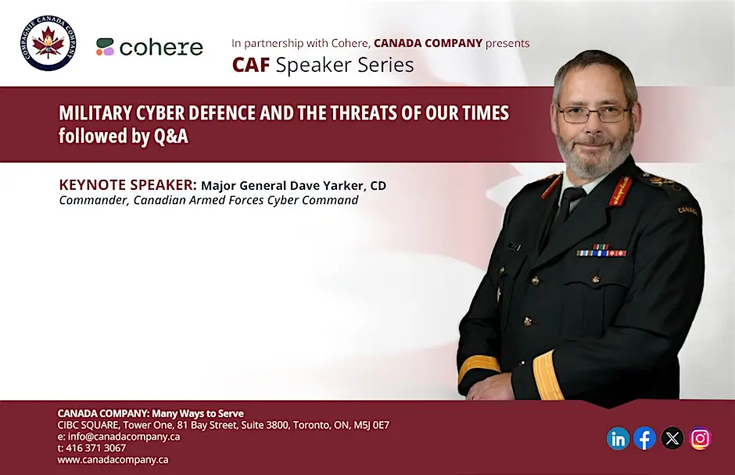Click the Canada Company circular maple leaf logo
(x=48, y=43)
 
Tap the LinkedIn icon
(x=618, y=438)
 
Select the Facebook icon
(x=645, y=438)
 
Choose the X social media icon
(x=672, y=438)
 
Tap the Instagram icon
(x=700, y=438)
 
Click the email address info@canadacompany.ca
(x=124, y=437)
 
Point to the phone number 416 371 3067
(x=95, y=448)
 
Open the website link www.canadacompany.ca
(x=113, y=459)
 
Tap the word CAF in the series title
(x=251, y=65)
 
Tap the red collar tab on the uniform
(x=620, y=191)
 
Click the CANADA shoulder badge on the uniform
(x=687, y=211)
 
